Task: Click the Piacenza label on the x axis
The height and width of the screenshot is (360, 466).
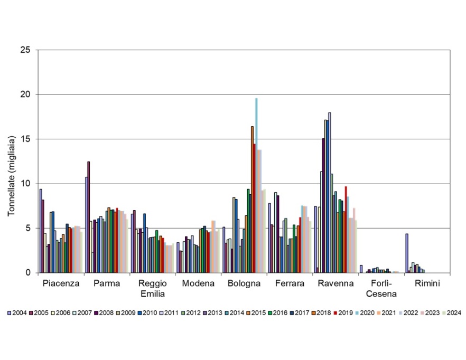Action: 61,283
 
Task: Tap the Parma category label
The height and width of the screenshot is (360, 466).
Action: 107,283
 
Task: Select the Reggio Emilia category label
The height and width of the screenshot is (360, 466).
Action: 152,288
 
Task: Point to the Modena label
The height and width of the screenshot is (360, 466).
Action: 198,283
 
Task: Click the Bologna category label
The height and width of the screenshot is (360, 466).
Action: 244,283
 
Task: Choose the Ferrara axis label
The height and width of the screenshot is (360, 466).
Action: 290,283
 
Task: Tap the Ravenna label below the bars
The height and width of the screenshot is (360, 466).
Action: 335,283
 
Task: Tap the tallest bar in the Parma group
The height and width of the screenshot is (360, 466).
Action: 89,217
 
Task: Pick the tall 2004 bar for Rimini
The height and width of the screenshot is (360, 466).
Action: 407,253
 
